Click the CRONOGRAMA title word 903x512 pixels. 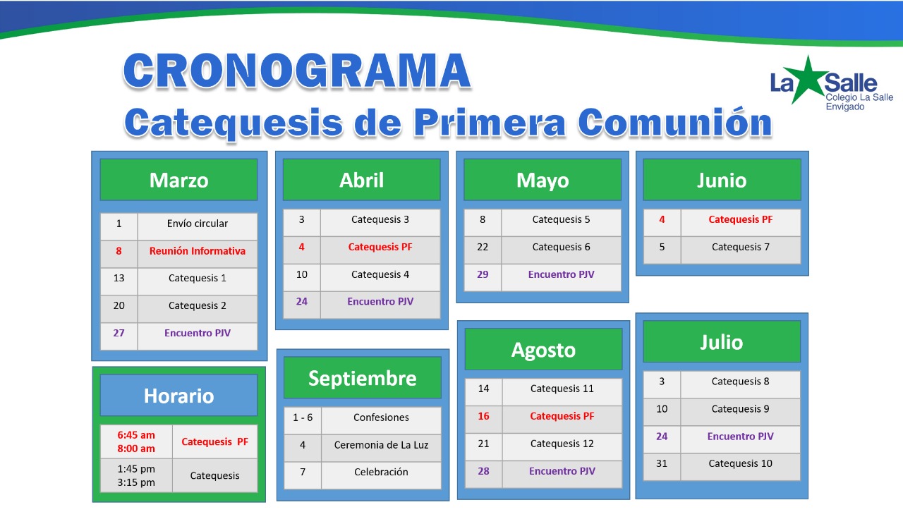(297, 71)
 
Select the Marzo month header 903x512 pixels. (179, 180)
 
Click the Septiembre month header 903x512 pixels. (363, 378)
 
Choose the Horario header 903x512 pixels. (179, 396)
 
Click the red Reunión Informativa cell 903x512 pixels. (198, 251)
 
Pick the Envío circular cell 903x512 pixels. (198, 224)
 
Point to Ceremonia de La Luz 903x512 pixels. (382, 445)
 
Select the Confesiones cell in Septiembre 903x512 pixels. (382, 417)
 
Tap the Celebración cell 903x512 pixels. (382, 472)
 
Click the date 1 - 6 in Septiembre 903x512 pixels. (303, 417)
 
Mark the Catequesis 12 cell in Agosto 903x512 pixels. (562, 444)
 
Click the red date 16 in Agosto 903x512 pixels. (483, 416)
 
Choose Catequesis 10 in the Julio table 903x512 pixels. (741, 463)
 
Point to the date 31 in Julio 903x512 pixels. (662, 463)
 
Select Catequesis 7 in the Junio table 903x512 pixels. (741, 247)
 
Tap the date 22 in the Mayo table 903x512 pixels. (483, 247)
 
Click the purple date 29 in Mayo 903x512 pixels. (483, 274)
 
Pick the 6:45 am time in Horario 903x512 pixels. (136, 435)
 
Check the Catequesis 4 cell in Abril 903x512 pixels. (380, 274)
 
